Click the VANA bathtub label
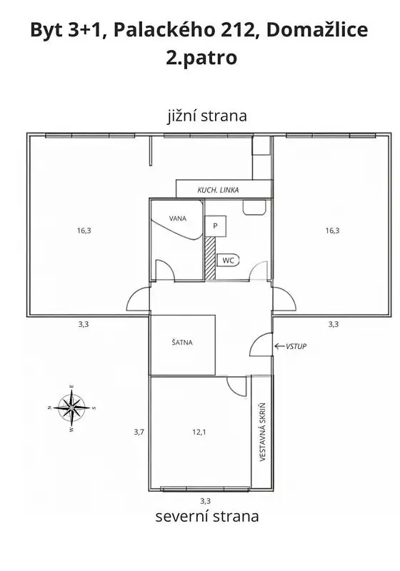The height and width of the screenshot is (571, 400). point(178,218)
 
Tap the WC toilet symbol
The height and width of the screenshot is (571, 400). point(228,261)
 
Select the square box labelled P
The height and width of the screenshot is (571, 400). point(215,226)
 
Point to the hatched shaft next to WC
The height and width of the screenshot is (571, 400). point(210,258)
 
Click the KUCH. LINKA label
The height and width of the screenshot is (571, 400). point(219,190)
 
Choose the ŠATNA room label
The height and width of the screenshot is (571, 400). point(182,343)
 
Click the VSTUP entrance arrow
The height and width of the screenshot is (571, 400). point(279,346)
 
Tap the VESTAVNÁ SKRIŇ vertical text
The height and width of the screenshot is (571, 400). point(262,433)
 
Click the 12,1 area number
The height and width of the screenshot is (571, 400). point(199,433)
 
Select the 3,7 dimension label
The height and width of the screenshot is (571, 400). point(139,433)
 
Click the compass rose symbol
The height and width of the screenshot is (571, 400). point(71,408)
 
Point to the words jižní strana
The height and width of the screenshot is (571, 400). point(207,116)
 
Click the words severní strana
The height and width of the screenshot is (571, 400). point(207,516)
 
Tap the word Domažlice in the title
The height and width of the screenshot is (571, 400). point(317,30)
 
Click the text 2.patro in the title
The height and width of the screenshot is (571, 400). point(201,58)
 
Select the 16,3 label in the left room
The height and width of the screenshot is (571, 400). point(84,231)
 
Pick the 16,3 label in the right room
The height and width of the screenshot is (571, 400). point(332,231)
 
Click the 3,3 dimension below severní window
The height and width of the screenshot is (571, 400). point(206,501)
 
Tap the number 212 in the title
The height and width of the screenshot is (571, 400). point(238,30)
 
